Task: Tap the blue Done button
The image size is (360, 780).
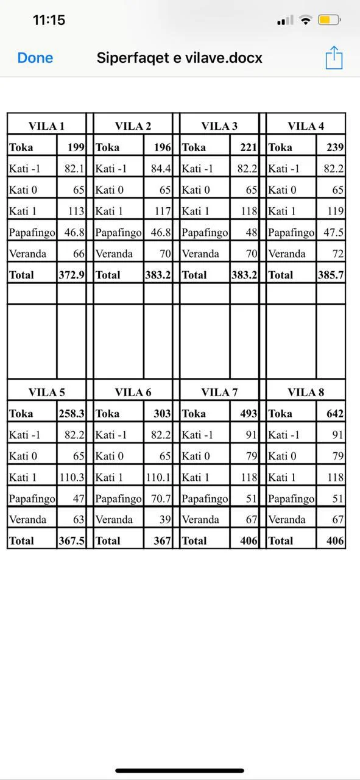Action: click(35, 58)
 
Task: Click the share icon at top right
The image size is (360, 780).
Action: click(334, 58)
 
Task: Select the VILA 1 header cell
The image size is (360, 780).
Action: click(46, 126)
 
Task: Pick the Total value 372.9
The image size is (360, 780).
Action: click(71, 275)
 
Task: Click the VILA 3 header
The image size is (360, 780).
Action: click(219, 126)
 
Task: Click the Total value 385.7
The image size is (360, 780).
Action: click(331, 275)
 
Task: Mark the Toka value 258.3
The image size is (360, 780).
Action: click(71, 414)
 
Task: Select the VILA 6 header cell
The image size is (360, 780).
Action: click(133, 392)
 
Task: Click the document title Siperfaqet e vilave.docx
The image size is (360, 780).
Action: click(180, 58)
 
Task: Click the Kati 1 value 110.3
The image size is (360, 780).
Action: click(71, 477)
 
